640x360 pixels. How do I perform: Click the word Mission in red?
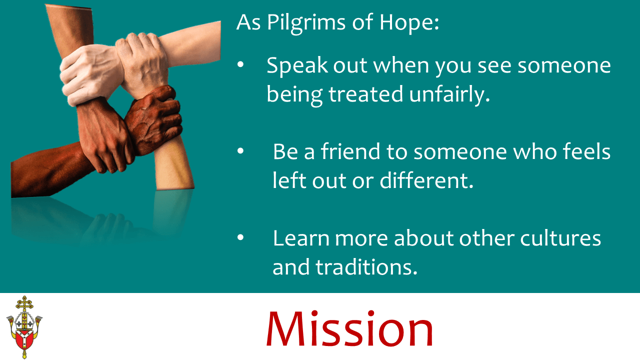(x=349, y=329)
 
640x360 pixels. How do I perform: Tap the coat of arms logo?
(x=24, y=327)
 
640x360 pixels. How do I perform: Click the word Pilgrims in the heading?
(x=306, y=23)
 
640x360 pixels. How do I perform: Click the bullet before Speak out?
(x=240, y=65)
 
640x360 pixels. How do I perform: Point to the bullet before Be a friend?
(x=240, y=150)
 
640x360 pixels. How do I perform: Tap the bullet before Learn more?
(x=240, y=237)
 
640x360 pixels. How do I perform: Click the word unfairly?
(x=449, y=95)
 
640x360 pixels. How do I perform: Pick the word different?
(x=426, y=180)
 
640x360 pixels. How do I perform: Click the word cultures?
(x=560, y=238)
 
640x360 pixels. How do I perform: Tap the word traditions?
(x=366, y=267)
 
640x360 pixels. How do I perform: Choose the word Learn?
(x=301, y=238)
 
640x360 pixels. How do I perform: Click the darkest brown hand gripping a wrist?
(x=153, y=120)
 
